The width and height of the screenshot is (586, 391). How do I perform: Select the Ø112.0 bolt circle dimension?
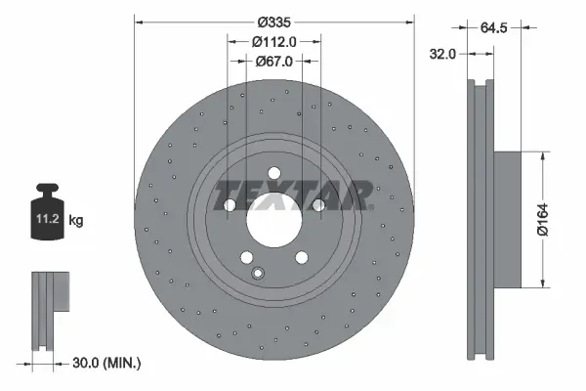(x=274, y=41)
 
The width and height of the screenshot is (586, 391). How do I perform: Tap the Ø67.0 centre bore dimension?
(x=274, y=62)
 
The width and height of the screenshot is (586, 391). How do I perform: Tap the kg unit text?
(x=76, y=221)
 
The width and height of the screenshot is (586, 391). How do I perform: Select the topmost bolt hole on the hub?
(x=274, y=173)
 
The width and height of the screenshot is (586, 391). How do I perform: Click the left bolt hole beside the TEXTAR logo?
(x=229, y=205)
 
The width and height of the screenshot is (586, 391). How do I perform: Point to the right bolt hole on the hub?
(x=318, y=205)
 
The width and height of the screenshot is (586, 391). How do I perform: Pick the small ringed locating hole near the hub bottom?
(x=258, y=274)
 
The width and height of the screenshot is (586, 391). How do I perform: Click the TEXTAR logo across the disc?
(x=293, y=195)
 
